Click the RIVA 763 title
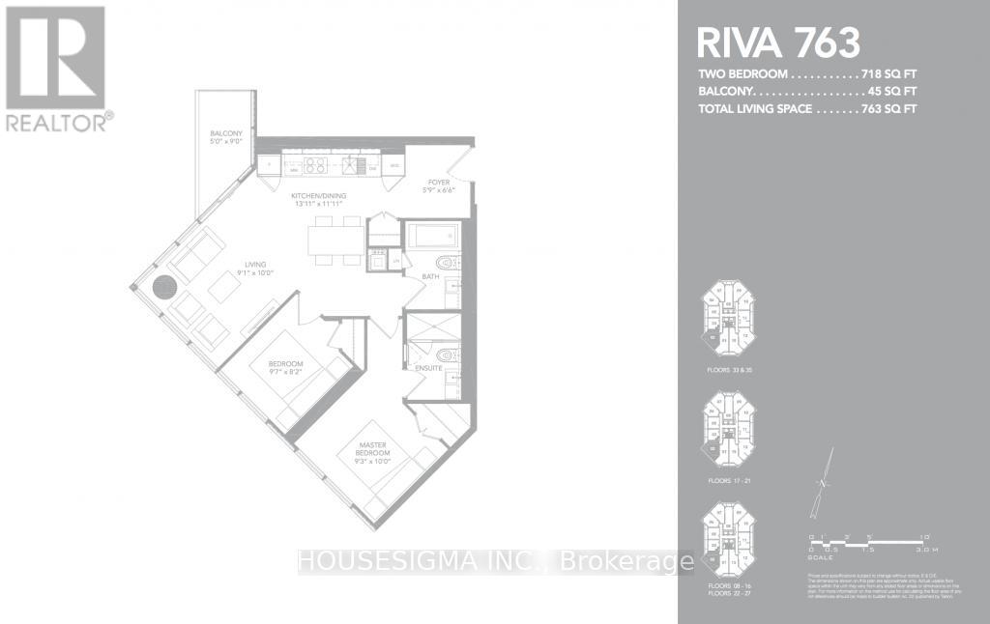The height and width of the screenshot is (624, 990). click(x=778, y=43)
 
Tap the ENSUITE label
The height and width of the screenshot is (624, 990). click(x=428, y=368)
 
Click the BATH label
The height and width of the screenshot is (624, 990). click(x=430, y=278)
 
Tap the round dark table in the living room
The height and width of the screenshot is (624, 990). click(x=164, y=287)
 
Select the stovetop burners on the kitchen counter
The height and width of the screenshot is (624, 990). click(x=315, y=165)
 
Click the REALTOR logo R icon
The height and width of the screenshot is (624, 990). click(x=56, y=58)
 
